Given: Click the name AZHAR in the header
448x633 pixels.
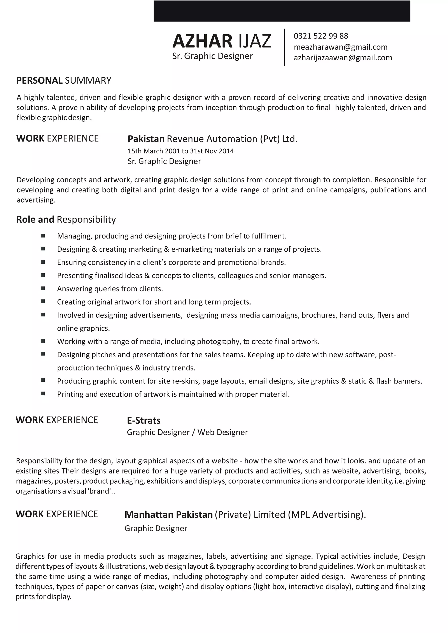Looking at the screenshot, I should [202, 41].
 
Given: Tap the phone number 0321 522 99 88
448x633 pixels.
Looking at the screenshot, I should [321, 36].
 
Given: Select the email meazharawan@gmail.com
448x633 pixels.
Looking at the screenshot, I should [340, 47].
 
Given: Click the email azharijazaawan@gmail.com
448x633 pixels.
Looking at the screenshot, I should [343, 58].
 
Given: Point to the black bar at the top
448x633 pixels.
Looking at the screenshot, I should [282, 11].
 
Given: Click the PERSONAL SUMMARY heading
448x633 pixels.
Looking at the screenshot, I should [64, 80].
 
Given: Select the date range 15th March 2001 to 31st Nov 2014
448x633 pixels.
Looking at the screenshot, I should [180, 151].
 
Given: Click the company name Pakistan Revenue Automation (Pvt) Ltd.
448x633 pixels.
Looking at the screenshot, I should [212, 139].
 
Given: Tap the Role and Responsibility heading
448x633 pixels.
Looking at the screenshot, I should [66, 219].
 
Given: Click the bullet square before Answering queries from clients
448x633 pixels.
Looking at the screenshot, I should [43, 288].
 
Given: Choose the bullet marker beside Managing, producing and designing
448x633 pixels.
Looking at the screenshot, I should [43, 236].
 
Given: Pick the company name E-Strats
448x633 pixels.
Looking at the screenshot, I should [143, 421].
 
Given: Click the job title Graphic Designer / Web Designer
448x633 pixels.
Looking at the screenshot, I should [187, 432].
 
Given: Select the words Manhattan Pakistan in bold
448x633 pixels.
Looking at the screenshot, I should [169, 515].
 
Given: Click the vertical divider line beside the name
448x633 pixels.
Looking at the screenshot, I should [284, 47].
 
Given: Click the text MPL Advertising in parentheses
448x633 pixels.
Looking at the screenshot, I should [326, 515].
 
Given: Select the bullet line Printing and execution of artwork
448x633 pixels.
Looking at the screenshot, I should [173, 394].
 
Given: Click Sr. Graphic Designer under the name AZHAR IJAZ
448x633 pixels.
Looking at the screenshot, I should [212, 56].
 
